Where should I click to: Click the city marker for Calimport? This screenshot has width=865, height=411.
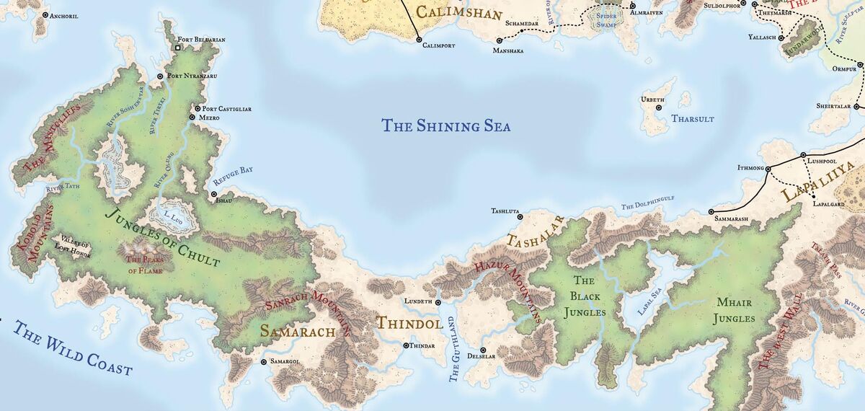(419, 40)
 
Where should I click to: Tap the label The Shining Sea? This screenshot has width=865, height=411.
(445, 126)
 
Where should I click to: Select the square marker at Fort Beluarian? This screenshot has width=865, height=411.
(178, 48)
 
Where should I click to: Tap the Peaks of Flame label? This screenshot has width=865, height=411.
(141, 265)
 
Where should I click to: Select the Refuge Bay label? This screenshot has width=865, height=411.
(232, 170)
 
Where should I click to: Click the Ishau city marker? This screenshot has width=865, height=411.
(213, 194)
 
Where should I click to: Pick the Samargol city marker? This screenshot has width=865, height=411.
(264, 361)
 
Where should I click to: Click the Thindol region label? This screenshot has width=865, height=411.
(409, 324)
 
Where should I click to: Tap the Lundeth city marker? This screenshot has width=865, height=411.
(438, 301)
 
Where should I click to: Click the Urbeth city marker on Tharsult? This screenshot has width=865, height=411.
(658, 107)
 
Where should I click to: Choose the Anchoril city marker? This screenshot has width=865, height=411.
(46, 14)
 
